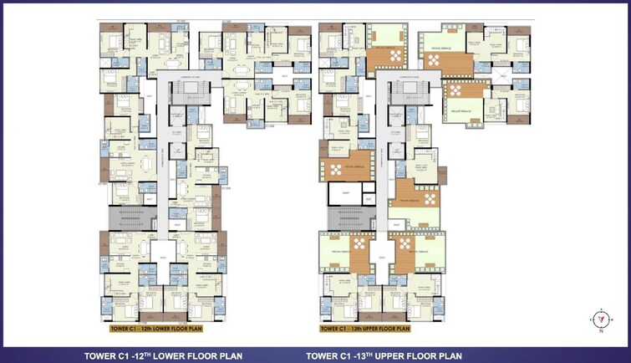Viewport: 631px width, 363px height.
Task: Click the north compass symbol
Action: click(x=599, y=319)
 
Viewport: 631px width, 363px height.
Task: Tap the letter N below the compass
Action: click(x=600, y=330)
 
